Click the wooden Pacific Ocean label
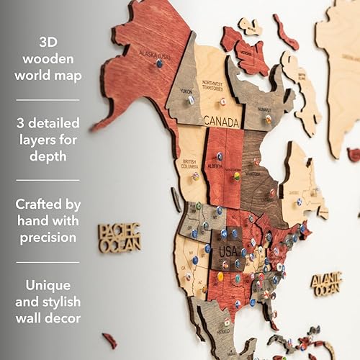tap(120, 238)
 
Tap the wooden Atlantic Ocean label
tap(326, 283)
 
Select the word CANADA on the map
tap(221, 122)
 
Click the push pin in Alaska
tap(159, 63)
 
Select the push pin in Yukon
tap(191, 100)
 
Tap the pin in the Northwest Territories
tap(222, 102)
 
